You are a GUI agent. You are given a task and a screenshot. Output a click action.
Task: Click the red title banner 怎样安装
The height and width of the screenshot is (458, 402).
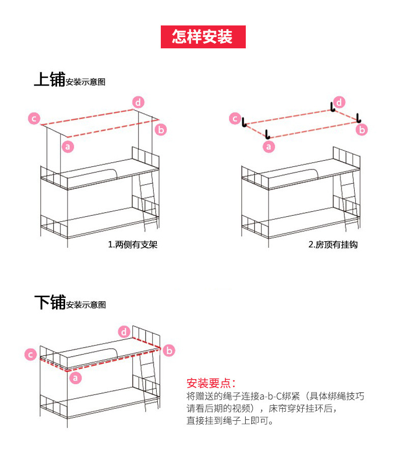[203, 37]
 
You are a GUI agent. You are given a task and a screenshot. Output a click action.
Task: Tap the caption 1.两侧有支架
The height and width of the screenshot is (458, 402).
[132, 245]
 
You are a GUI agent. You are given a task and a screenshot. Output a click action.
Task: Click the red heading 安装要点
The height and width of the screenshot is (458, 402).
[211, 383]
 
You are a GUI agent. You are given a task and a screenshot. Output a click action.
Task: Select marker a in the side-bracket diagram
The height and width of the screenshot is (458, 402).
[67, 147]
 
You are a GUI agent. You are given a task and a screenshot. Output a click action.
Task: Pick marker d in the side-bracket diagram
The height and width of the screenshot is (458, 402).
[138, 101]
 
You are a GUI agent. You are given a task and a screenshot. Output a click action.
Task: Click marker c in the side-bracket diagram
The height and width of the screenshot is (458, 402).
[34, 119]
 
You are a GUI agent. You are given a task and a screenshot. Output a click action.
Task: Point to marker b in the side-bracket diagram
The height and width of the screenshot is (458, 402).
[160, 130]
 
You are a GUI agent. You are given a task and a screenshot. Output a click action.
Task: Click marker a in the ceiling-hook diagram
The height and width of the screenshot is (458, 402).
[268, 147]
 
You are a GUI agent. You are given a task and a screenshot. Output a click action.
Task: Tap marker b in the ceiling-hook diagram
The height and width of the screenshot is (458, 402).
[362, 130]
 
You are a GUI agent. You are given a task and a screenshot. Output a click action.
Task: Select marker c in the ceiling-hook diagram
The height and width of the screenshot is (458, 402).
[235, 119]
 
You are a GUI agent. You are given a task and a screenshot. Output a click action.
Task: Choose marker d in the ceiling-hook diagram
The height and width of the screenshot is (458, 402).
[339, 101]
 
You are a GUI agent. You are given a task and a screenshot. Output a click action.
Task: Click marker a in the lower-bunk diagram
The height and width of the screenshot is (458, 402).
[75, 377]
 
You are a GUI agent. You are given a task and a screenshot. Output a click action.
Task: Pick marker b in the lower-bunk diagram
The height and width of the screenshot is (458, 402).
[169, 350]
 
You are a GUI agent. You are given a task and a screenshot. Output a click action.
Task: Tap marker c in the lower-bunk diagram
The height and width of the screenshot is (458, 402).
[31, 354]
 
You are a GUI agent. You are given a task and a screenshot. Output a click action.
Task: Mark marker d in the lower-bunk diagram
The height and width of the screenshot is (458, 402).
[124, 332]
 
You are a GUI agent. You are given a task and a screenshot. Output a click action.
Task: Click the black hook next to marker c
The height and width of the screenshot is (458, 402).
[244, 123]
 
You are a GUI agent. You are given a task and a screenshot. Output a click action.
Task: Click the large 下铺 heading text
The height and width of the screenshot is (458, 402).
[49, 303]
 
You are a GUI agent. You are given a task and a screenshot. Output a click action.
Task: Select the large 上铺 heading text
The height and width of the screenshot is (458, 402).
[49, 79]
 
